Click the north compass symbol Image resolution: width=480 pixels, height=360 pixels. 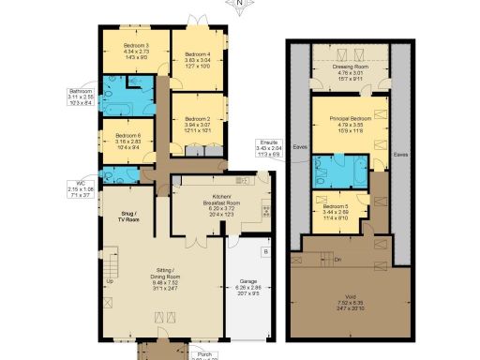240,6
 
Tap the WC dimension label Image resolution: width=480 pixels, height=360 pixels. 80,191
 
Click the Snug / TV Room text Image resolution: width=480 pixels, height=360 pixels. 122,218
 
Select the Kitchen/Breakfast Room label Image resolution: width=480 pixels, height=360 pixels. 221,206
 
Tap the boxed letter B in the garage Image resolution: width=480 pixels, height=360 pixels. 266,252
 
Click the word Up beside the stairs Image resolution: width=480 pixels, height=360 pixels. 111,281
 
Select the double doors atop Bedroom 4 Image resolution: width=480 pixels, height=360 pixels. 197,22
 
